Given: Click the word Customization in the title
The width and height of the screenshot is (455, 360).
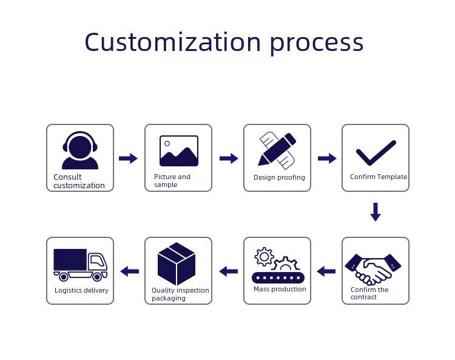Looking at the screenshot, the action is [173, 42].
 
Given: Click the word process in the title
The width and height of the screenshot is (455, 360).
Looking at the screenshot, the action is [317, 44].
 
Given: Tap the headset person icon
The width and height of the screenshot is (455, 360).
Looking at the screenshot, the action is [80, 150].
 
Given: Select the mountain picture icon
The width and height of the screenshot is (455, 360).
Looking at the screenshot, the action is [179, 151].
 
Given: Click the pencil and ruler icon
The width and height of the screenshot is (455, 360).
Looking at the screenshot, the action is [277, 151].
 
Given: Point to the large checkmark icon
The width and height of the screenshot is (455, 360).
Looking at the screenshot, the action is [376, 153].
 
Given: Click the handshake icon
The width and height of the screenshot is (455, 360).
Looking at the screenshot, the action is [373, 269].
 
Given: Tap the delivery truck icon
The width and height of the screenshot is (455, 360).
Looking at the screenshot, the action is [80, 265].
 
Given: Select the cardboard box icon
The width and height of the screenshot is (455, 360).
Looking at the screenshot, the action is [177, 263].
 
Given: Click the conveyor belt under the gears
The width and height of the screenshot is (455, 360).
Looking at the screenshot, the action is [278, 278].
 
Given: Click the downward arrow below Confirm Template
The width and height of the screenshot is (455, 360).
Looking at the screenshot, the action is [376, 212].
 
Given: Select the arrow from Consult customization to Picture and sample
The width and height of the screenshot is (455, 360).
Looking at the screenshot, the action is [128, 158].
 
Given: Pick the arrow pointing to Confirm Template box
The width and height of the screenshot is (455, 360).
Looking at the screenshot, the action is [327, 158].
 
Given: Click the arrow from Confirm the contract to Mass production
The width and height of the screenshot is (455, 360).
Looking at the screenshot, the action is [326, 271].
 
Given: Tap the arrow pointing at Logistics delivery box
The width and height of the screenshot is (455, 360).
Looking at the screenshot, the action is [129, 271].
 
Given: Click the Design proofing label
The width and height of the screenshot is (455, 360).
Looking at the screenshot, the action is [279, 177].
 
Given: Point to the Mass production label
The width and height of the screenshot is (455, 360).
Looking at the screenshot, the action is [280, 289].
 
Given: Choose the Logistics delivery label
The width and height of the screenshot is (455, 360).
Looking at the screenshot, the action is [81, 290].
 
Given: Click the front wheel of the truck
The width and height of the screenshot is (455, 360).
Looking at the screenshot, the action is [97, 277].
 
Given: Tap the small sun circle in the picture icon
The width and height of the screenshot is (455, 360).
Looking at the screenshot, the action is [167, 143].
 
